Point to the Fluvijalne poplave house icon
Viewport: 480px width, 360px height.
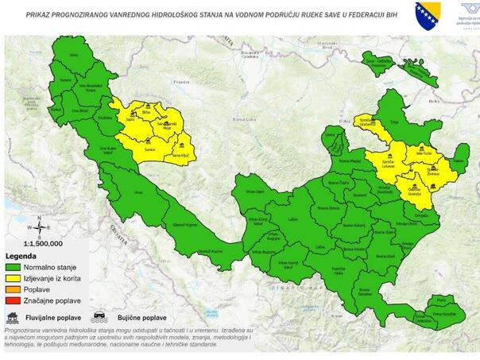14,315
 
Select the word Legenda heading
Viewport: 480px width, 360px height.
22,257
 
